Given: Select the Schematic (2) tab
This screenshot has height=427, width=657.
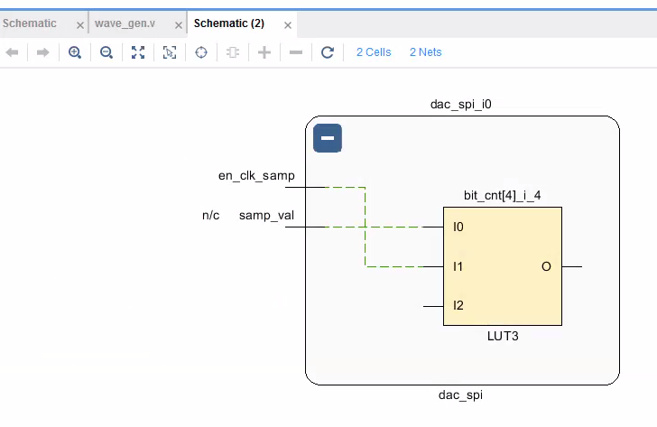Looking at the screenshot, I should point(228,24).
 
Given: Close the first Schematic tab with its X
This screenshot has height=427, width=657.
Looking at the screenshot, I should point(79,25).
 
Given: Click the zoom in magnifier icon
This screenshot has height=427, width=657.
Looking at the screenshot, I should point(75,52).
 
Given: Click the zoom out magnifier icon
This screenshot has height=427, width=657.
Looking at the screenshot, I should point(106,52).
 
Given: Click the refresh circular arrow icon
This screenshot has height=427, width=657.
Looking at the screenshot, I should point(328,52).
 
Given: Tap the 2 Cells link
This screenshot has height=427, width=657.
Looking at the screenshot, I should point(374,52).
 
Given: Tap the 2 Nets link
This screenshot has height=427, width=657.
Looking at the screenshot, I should point(425,52).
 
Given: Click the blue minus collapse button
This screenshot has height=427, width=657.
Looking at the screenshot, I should point(328,139).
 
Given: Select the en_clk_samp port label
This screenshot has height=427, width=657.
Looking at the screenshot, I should point(256,175).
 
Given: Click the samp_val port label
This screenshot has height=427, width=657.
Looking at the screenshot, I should point(266,216).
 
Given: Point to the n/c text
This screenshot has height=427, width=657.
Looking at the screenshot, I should point(210,216).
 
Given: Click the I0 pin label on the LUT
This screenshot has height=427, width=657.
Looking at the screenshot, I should point(458,227).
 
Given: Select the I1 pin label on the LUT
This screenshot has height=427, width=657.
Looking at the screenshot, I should point(458,266).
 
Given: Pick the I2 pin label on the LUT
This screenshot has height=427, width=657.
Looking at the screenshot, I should point(458,306).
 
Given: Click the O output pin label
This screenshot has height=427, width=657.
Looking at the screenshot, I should point(546,266).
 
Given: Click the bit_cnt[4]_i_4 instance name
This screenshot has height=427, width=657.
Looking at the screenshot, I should point(502,194).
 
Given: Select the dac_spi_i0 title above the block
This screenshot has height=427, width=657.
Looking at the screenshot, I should point(460,104).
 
